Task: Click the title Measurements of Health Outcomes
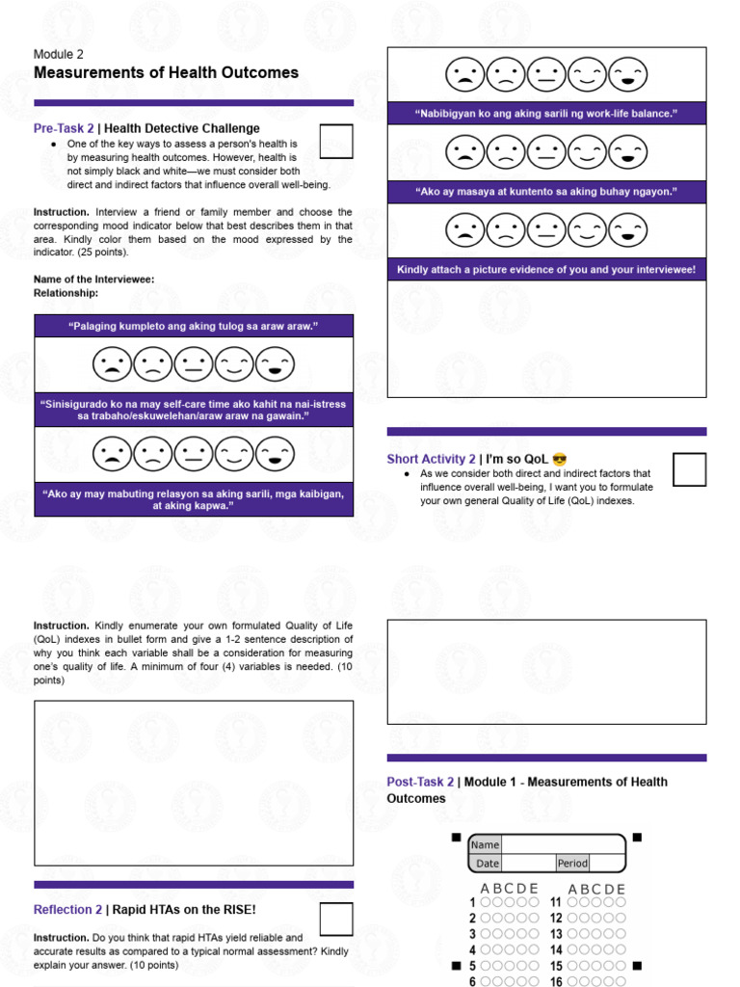(166, 73)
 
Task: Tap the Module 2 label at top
(59, 54)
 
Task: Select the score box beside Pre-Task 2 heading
(335, 141)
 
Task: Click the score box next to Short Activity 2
(689, 469)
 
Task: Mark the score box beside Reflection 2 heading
(335, 920)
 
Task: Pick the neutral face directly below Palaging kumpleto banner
(194, 364)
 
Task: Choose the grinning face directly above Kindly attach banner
(630, 230)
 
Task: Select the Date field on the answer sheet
(528, 864)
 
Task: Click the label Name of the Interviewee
(93, 280)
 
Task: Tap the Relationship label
(66, 292)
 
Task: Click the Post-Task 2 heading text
(419, 782)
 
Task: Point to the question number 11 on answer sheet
(556, 903)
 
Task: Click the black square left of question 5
(455, 965)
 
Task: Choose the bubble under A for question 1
(485, 903)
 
